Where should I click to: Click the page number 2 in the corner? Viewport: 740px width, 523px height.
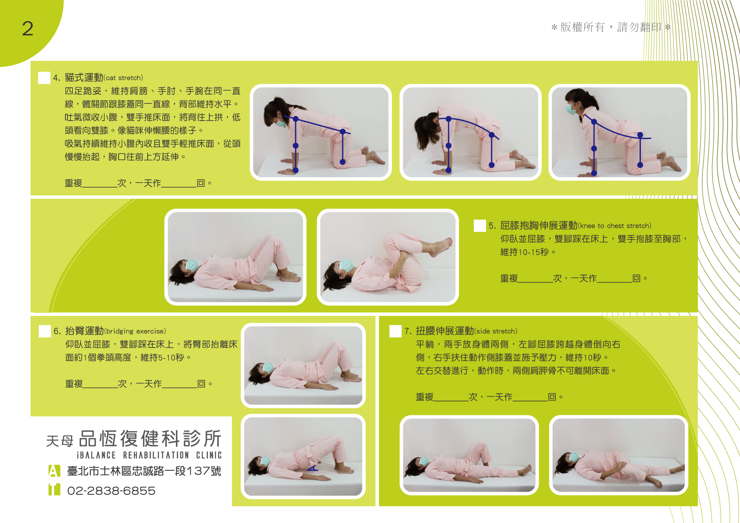27,29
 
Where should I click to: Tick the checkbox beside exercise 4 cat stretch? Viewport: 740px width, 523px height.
44,78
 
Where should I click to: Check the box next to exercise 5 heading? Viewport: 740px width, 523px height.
480,226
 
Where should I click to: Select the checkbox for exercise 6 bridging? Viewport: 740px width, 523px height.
45,331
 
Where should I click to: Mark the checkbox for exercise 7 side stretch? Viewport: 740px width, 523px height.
395,331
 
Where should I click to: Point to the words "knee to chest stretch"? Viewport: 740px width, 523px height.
614,226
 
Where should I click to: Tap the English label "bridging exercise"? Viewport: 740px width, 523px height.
135,332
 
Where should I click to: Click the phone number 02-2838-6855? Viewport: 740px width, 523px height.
111,491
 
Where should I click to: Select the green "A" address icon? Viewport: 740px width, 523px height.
54,471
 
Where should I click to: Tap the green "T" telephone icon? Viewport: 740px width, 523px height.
54,490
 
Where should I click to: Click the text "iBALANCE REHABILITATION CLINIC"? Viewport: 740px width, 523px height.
149,456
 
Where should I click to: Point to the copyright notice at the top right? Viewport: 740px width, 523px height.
611,27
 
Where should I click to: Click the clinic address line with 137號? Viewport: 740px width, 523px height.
144,471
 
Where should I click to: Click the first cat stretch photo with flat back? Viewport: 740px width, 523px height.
321,132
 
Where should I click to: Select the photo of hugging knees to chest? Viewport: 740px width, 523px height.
388,257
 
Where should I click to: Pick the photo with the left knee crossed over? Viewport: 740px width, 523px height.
618,455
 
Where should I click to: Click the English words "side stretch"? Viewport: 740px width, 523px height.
496,332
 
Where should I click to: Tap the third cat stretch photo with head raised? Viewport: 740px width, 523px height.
619,132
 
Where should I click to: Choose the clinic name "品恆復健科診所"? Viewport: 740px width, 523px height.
150,439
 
